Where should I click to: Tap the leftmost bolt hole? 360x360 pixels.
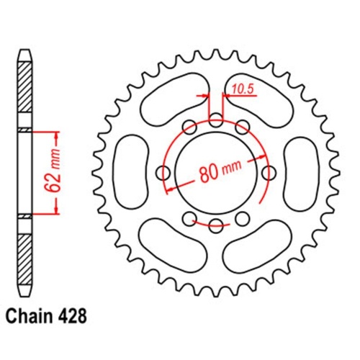pos(163,173)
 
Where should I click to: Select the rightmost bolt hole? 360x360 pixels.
pos(270,173)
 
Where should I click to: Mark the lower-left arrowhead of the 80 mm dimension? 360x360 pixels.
pos(168,189)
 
